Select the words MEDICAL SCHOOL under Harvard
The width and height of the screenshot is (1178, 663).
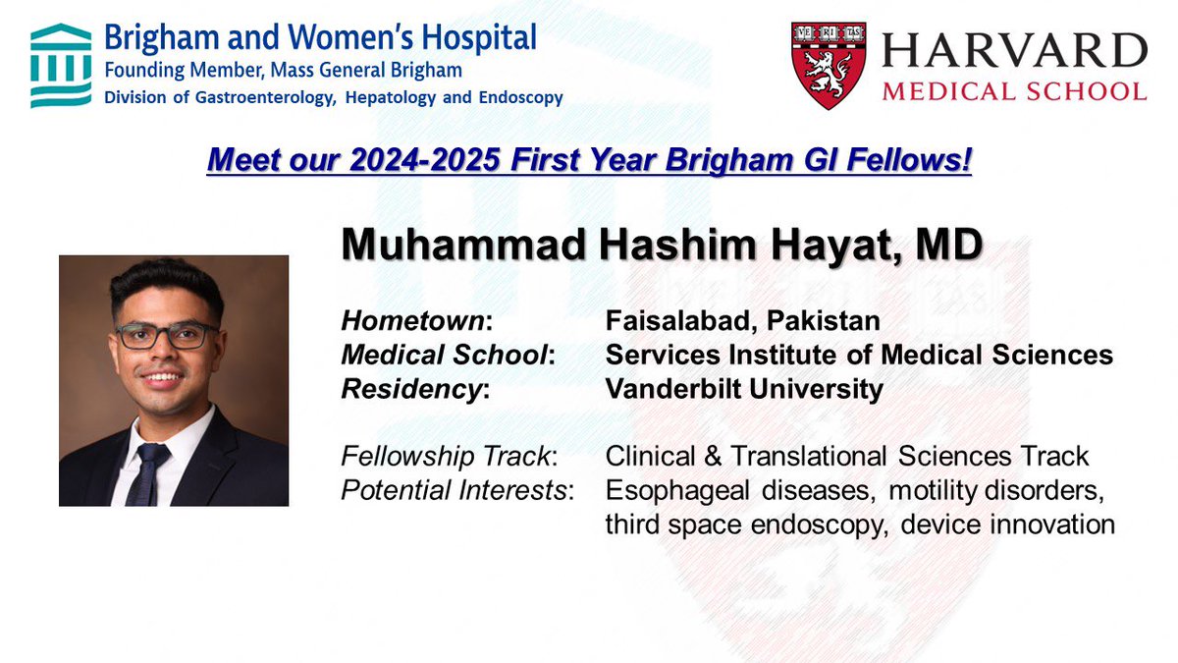tap(1013, 91)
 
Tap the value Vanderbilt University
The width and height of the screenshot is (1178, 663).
tap(744, 388)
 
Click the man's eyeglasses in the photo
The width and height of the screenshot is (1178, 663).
tap(167, 336)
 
